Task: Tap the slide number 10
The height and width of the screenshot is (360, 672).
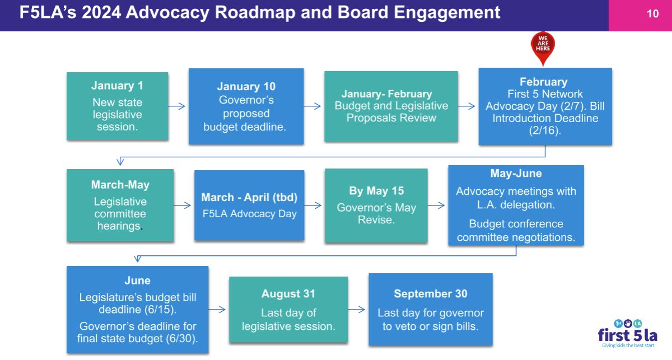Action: point(652,14)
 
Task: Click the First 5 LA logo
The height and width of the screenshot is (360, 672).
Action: point(628,334)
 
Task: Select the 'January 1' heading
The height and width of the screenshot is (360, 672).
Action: point(117,86)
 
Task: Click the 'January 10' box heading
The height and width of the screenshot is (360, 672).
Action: point(246,86)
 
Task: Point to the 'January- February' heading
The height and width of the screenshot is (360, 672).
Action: point(387,94)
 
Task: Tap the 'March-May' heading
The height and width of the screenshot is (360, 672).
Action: point(120,185)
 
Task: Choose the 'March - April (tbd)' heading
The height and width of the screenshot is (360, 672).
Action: point(249,198)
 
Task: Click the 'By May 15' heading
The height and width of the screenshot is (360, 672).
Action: point(376,191)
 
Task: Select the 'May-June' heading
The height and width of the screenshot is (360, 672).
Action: point(516,174)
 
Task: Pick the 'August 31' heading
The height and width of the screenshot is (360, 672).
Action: point(288,294)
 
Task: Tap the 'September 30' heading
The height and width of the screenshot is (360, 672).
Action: point(431,294)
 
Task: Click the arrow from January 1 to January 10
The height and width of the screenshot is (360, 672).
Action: point(176,106)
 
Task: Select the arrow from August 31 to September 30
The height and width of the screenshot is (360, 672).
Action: point(356,309)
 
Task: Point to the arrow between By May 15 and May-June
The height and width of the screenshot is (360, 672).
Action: point(436,205)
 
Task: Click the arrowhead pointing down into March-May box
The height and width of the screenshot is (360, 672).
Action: point(120,162)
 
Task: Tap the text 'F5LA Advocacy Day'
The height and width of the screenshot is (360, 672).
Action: point(249,214)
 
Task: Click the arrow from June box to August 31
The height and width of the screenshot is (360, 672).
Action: point(217,309)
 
